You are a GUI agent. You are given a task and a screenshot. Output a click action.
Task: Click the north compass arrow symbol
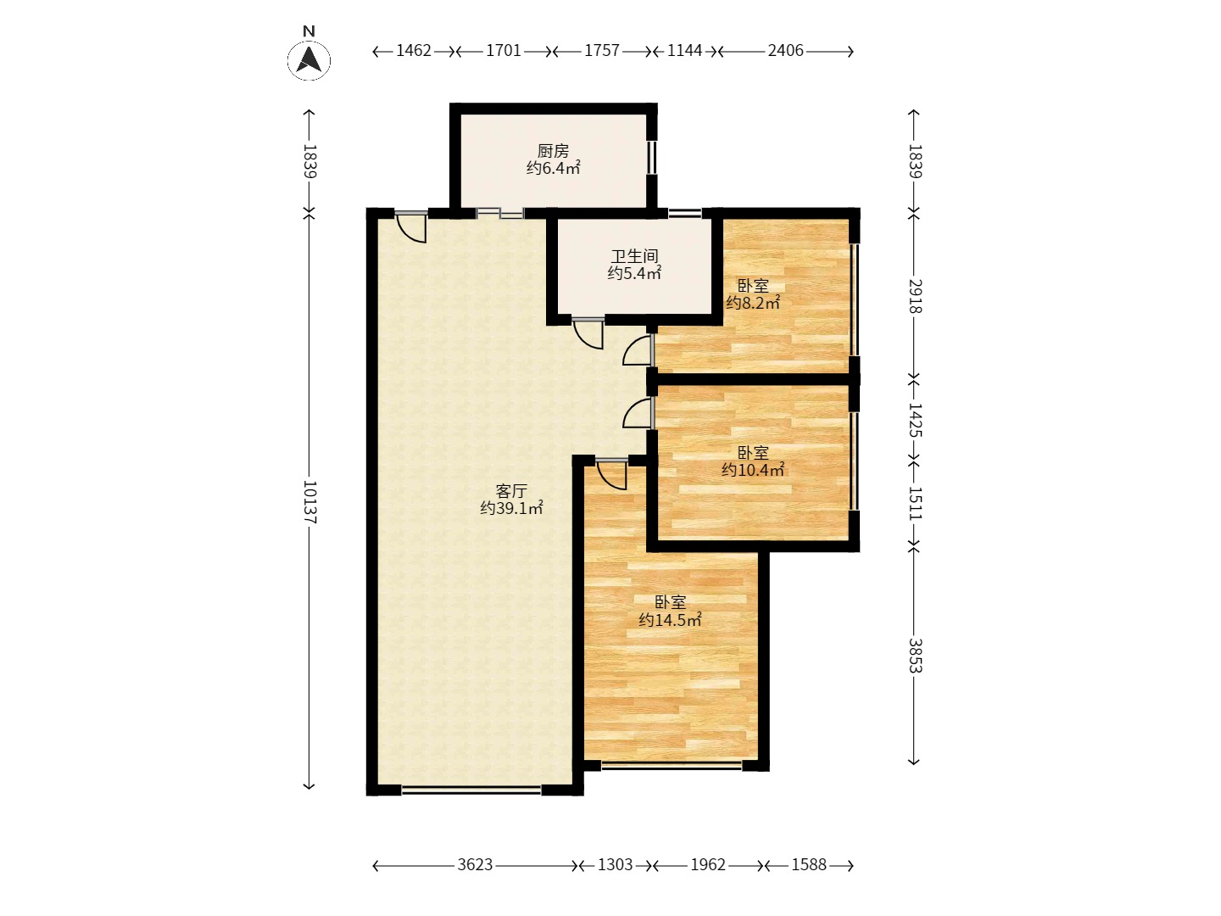[309, 60]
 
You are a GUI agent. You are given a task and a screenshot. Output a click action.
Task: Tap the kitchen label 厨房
[553, 151]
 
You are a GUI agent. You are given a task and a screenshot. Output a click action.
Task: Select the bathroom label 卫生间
[634, 256]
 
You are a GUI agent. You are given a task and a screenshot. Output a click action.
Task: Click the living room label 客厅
[511, 490]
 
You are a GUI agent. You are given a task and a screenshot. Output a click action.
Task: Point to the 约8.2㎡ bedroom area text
[753, 303]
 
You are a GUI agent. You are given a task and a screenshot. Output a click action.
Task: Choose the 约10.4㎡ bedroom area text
[753, 469]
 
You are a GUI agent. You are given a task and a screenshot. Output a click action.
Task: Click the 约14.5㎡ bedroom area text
[670, 619]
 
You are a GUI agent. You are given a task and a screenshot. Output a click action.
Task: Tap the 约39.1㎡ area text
[511, 508]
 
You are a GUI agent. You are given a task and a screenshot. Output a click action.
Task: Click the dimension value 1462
[413, 51]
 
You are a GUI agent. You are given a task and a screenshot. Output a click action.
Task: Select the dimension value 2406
[785, 51]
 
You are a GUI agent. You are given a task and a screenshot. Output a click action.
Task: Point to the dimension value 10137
[309, 502]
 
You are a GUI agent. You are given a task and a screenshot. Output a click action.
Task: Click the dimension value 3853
[915, 655]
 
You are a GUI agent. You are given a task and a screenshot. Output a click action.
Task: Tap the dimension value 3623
[475, 865]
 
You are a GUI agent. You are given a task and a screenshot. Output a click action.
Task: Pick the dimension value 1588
[809, 865]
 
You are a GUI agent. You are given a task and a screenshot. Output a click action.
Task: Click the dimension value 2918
[915, 297]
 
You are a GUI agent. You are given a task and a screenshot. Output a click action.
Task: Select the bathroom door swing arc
[588, 335]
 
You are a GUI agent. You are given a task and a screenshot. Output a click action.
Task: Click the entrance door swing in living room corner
[411, 228]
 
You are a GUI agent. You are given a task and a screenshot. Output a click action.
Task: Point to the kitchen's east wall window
[652, 158]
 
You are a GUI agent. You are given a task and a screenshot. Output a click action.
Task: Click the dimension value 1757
[601, 51]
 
